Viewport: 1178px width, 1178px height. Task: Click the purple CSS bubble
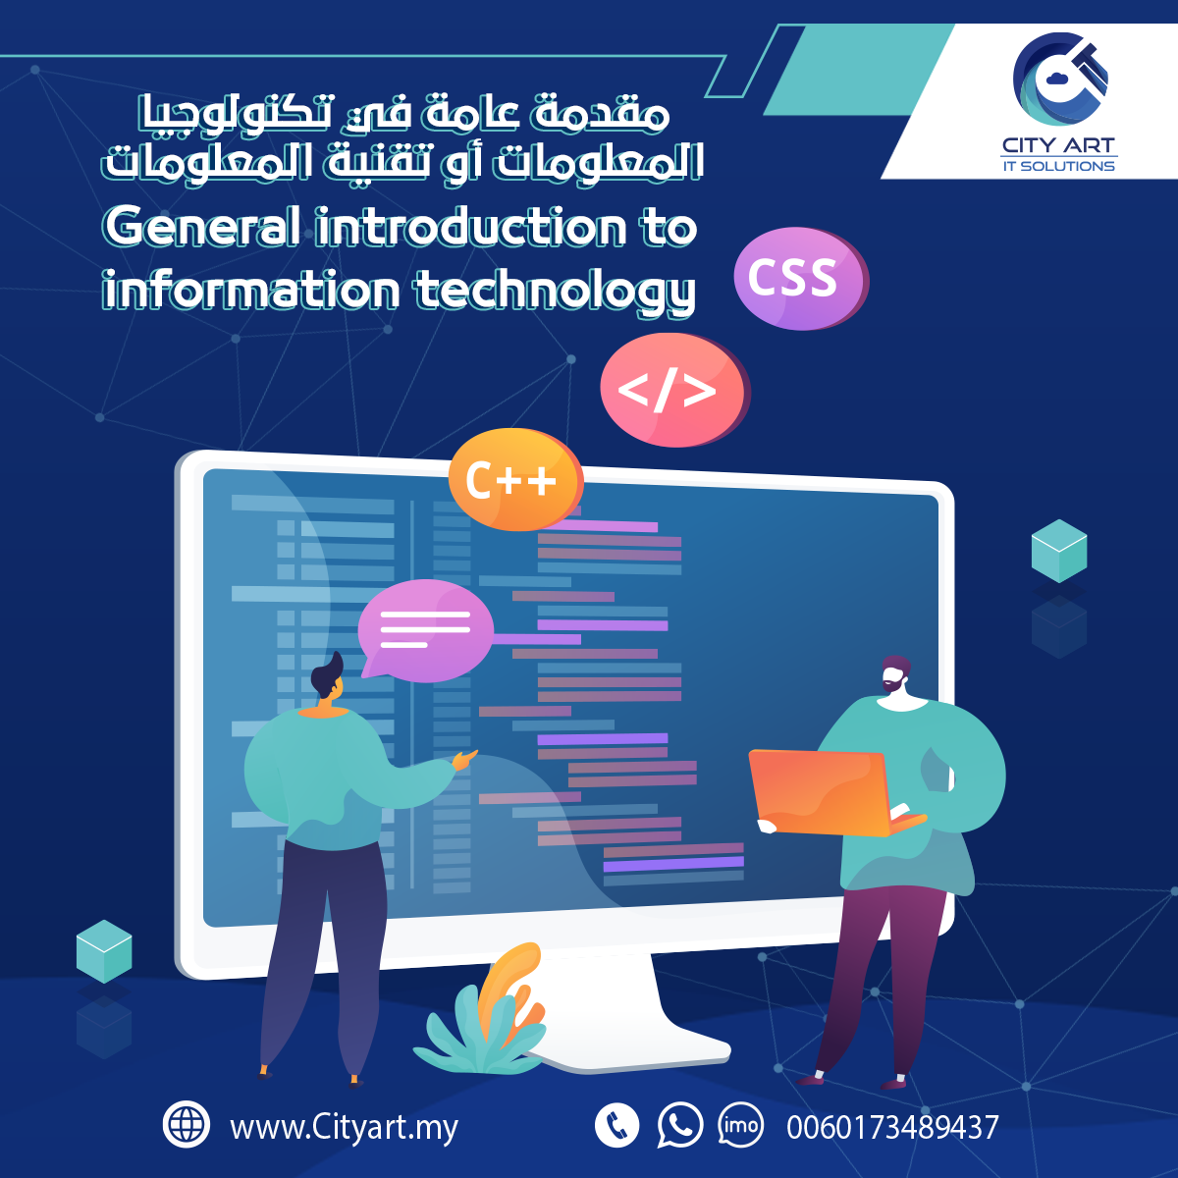(801, 279)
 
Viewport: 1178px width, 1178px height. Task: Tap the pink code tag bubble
(674, 390)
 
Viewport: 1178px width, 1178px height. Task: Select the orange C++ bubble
(516, 479)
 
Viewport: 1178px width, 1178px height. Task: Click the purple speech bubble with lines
(425, 629)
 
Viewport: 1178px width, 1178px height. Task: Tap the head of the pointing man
(328, 675)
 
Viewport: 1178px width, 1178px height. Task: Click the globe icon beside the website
(187, 1124)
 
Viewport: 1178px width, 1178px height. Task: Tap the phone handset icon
(616, 1125)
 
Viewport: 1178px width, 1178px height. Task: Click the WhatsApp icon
(679, 1125)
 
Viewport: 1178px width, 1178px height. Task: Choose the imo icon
(741, 1125)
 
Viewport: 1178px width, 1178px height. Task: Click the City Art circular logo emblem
(1060, 79)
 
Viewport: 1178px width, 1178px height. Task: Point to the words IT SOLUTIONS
(1059, 166)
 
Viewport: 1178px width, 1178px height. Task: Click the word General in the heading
(202, 227)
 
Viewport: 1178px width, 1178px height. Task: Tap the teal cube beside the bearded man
(1059, 551)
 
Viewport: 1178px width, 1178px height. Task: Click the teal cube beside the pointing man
(104, 951)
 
